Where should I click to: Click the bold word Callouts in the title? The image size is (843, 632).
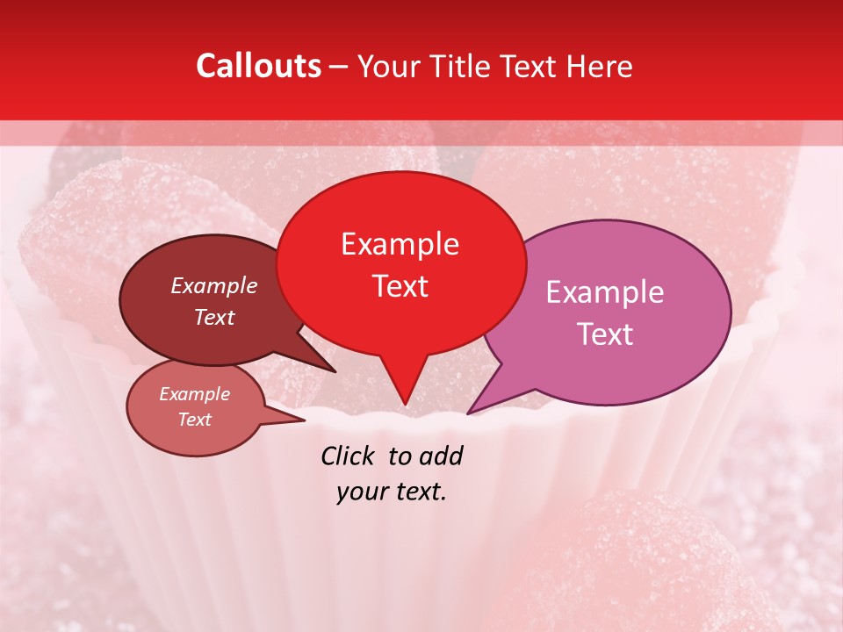(258, 66)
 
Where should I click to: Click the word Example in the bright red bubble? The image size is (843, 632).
(400, 244)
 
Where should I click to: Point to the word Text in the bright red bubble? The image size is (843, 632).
(400, 286)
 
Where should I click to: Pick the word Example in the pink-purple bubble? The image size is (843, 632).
(605, 292)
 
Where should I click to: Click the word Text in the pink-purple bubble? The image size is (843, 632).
(605, 334)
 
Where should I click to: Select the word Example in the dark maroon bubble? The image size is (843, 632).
(213, 285)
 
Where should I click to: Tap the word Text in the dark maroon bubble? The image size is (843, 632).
(213, 317)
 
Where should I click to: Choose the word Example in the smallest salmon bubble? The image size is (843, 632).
(194, 394)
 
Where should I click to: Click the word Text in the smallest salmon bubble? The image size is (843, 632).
(194, 420)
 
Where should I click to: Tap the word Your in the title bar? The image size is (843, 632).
(387, 66)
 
